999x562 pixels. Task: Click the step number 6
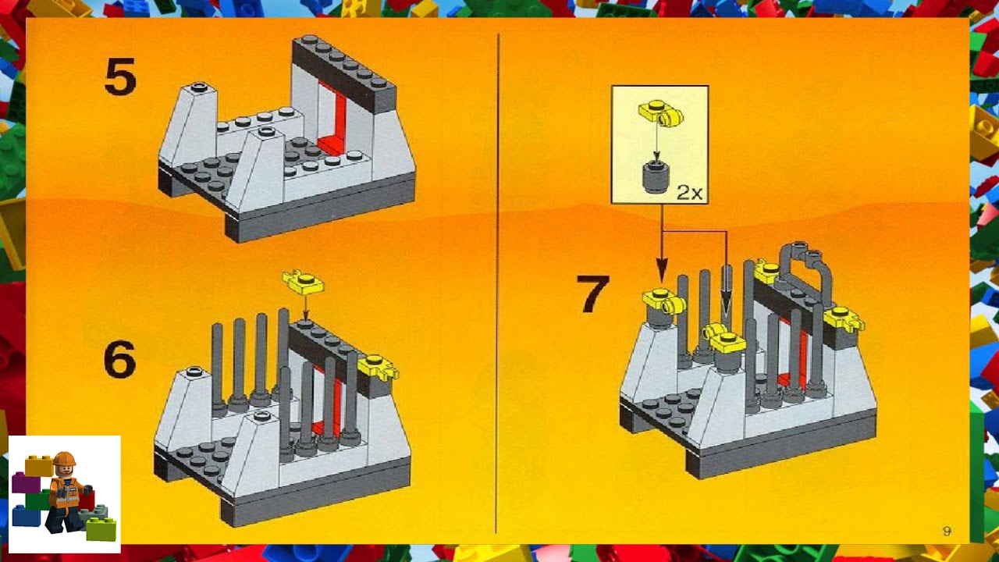(x=119, y=361)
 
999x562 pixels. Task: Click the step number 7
(x=592, y=294)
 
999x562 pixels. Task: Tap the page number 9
(x=947, y=532)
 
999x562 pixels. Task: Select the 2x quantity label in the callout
(x=689, y=192)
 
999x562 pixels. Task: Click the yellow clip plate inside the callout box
(x=660, y=114)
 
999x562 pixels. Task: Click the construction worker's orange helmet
(x=64, y=459)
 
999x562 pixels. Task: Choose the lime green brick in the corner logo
(x=101, y=530)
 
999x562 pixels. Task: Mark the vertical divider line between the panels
(x=497, y=281)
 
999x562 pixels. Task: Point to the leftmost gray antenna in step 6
(x=217, y=367)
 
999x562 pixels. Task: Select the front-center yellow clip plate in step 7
(x=725, y=337)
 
